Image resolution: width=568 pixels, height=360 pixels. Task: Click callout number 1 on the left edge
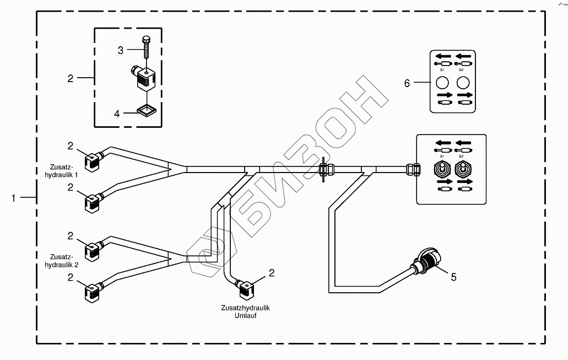tap(13, 197)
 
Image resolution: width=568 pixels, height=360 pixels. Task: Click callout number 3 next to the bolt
tap(121, 50)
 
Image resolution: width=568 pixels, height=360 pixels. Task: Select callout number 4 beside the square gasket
tap(117, 114)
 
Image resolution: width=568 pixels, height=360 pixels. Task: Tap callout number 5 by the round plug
tap(453, 277)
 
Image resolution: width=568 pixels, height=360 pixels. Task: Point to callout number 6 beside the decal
tap(407, 83)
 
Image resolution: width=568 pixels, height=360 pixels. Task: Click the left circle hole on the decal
tap(442, 83)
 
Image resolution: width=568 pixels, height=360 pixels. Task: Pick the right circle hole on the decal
tap(464, 83)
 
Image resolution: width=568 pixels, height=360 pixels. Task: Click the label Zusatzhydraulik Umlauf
tap(245, 312)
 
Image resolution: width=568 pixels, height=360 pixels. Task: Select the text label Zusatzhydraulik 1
tap(61, 170)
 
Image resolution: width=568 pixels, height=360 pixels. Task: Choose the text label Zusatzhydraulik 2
tap(61, 260)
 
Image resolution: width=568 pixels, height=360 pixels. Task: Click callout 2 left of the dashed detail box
tap(70, 78)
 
